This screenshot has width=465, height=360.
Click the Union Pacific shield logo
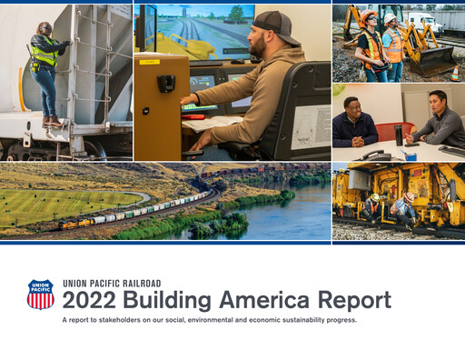[x=40, y=295]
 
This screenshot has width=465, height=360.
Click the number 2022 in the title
[x=93, y=301]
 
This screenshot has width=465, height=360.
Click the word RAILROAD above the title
[x=142, y=283]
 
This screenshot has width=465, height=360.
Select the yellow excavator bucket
[x=437, y=61]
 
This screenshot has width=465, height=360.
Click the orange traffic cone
[x=454, y=72]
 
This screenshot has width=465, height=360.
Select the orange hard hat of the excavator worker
[x=368, y=16]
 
